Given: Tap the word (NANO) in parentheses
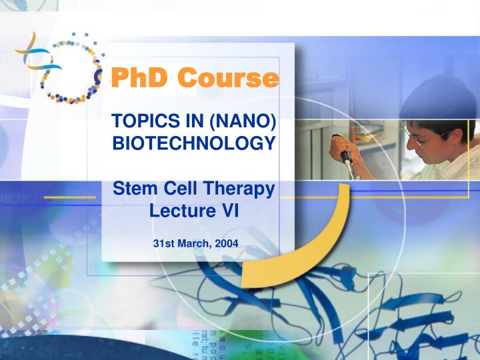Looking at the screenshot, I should coord(242,121).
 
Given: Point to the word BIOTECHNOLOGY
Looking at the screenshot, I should coord(193,143).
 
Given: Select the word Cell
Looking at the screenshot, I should coord(177,189).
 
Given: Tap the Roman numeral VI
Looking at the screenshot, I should coord(230,211).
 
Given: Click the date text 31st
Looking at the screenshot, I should coord(164,243).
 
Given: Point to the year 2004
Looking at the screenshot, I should coord(226,243).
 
